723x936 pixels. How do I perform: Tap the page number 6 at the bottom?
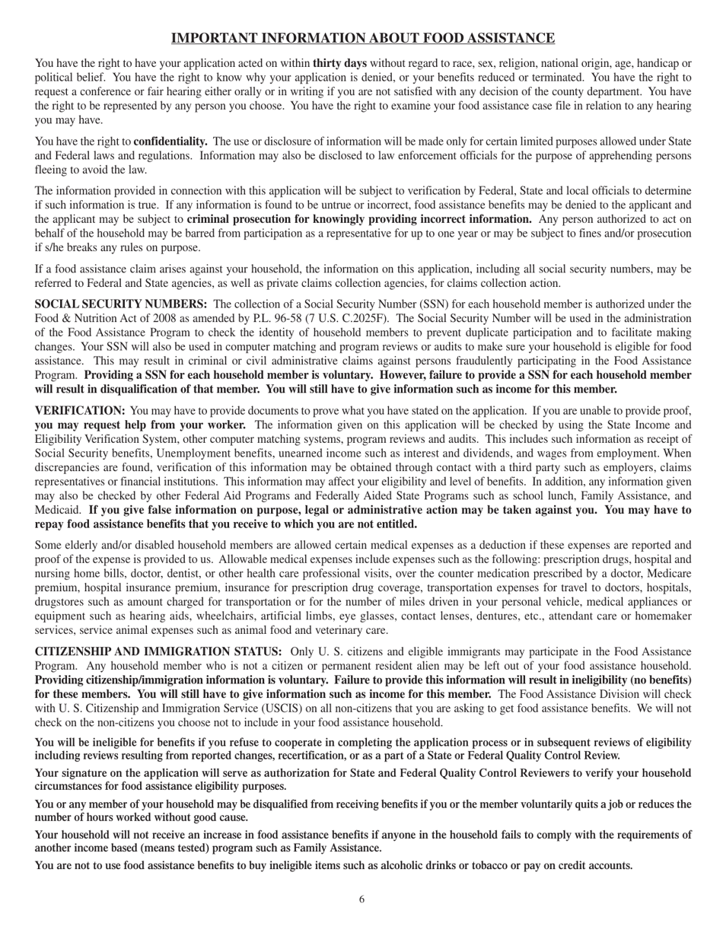click(x=361, y=899)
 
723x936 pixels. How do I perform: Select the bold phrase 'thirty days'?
click(x=339, y=63)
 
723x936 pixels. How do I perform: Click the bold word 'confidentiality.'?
click(x=170, y=141)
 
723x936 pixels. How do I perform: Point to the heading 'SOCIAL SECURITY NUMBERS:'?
click(x=121, y=304)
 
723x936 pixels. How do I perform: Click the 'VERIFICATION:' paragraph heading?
click(x=80, y=411)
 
